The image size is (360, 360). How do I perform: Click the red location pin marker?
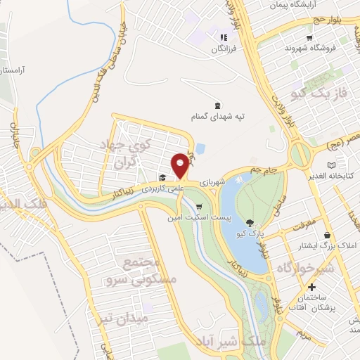point(181,165)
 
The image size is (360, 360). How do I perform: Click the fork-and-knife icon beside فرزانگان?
point(223,38)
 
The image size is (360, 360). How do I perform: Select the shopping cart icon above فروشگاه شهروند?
point(309,38)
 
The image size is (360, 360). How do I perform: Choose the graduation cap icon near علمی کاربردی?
point(162,178)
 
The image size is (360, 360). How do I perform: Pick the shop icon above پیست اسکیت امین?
point(200,207)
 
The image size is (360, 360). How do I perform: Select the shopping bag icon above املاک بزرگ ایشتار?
point(327,235)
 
